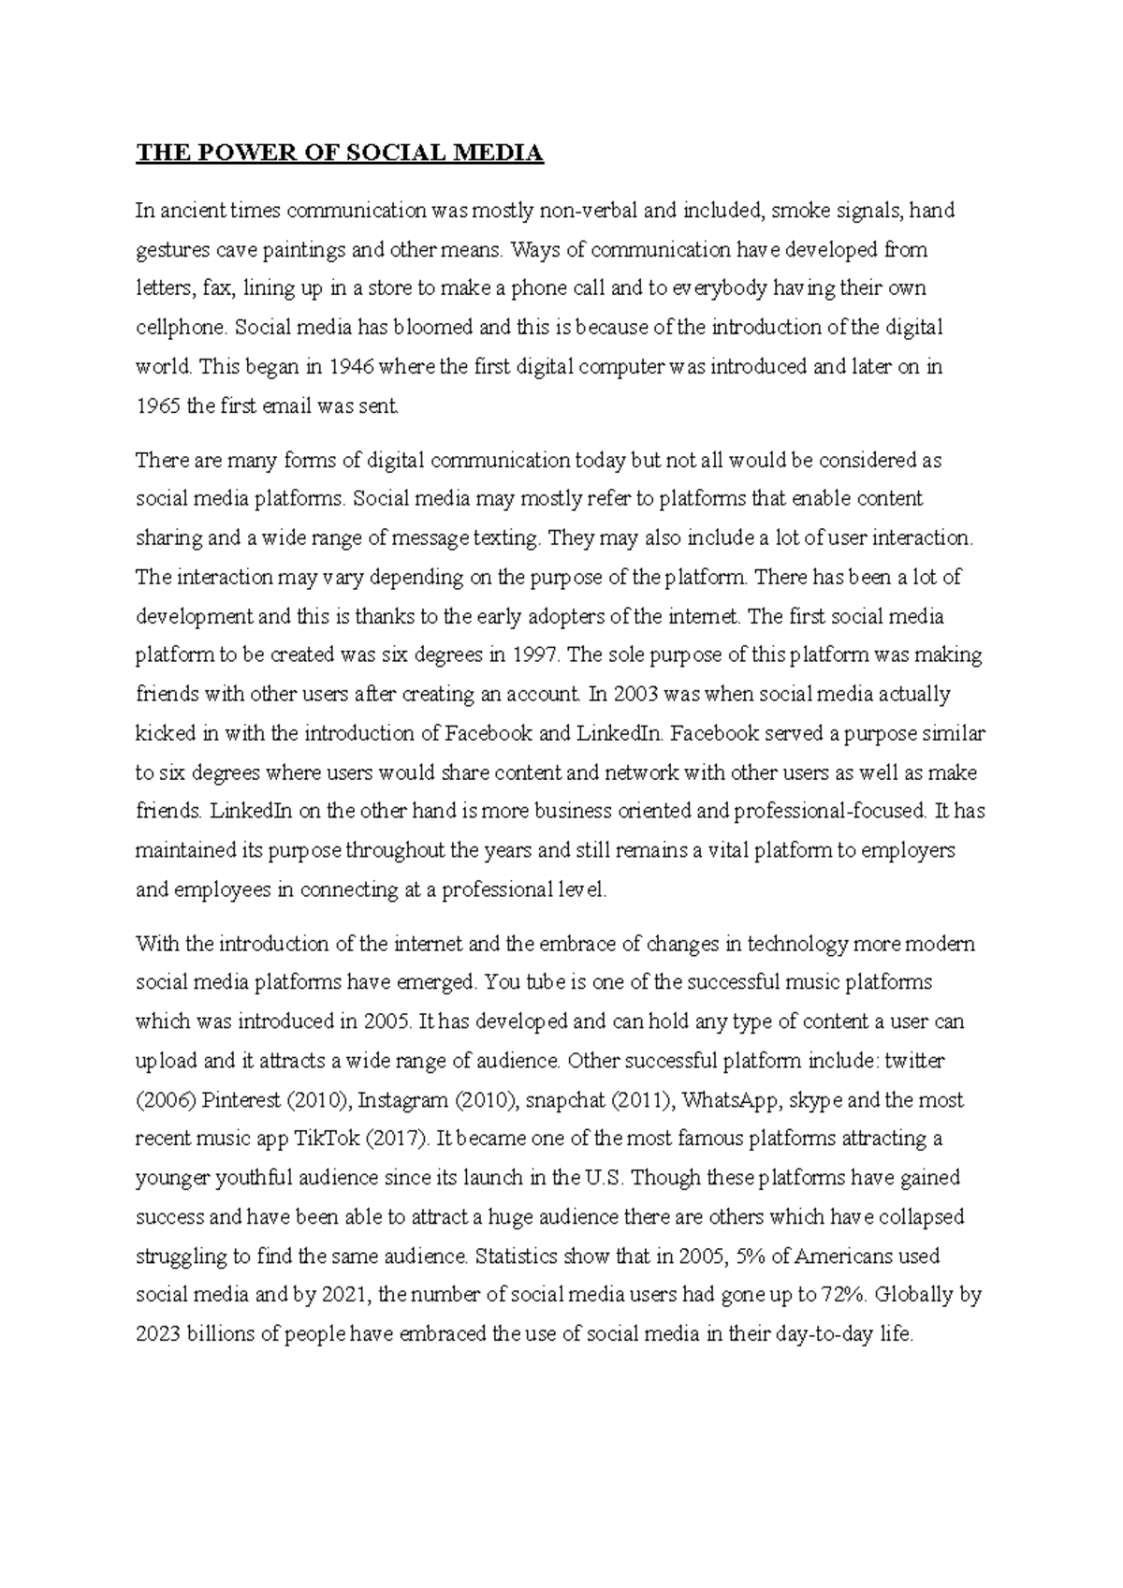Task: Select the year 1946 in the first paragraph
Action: pos(352,367)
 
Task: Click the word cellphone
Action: pos(180,328)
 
